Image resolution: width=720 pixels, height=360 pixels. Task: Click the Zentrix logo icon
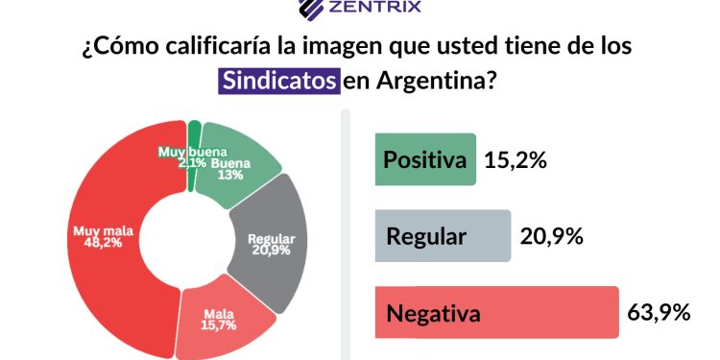tap(311, 9)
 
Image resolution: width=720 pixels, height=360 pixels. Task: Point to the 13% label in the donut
tap(228, 176)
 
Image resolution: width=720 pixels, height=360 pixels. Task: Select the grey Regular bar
tap(441, 236)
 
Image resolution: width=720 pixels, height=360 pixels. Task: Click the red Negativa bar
tap(494, 313)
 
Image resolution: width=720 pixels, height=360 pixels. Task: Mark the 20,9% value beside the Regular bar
tap(551, 236)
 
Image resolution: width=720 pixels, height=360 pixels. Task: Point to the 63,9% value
tap(659, 313)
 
